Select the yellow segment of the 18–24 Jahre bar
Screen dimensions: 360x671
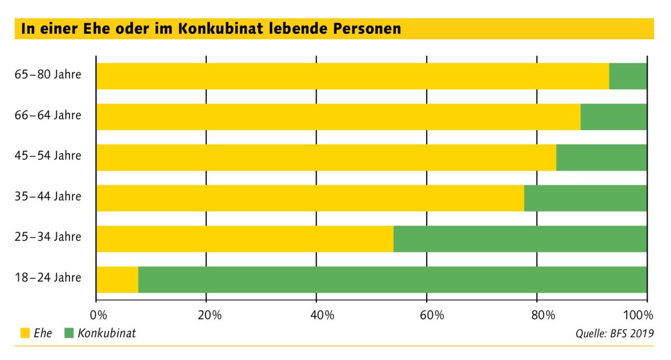(x=117, y=280)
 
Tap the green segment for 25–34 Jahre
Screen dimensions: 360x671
(x=520, y=239)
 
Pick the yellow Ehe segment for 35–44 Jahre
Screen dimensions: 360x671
(x=310, y=198)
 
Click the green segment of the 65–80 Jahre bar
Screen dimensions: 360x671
(x=628, y=76)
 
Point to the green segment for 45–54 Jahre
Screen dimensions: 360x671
(x=602, y=158)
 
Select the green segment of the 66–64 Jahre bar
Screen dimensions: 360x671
(x=613, y=117)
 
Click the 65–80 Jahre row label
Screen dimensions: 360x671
(x=48, y=75)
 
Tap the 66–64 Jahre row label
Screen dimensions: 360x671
(x=48, y=116)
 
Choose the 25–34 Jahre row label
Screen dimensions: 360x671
(x=48, y=237)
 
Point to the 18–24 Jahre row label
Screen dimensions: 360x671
(x=48, y=278)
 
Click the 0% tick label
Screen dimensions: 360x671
(x=97, y=314)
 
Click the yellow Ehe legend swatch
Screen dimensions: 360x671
(x=25, y=334)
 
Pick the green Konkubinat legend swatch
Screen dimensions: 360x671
(x=69, y=334)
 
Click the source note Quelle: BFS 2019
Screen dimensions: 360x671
(x=614, y=334)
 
